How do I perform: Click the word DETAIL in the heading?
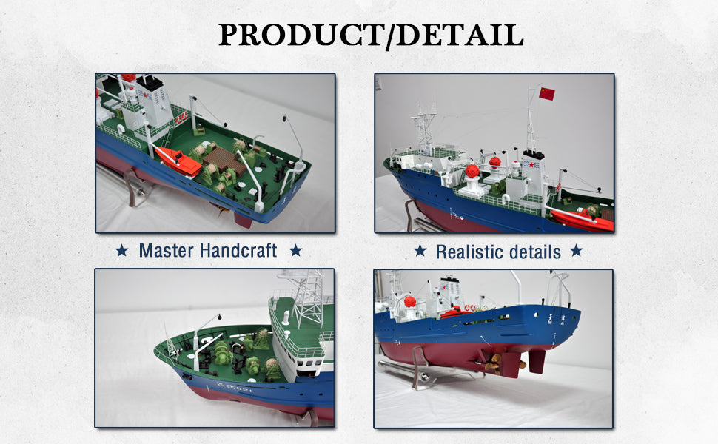pyautogui.click(x=460, y=34)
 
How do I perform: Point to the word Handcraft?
pyautogui.click(x=238, y=250)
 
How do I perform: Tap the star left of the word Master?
pyautogui.click(x=122, y=250)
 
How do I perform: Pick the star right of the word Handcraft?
pyautogui.click(x=296, y=250)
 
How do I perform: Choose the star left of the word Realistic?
pyautogui.click(x=420, y=251)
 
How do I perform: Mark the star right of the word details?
pyautogui.click(x=576, y=251)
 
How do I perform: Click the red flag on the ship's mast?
pyautogui.click(x=547, y=94)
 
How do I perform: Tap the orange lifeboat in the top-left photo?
pyautogui.click(x=178, y=161)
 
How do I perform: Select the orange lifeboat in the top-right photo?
pyautogui.click(x=582, y=221)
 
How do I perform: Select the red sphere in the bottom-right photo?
pyautogui.click(x=410, y=302)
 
